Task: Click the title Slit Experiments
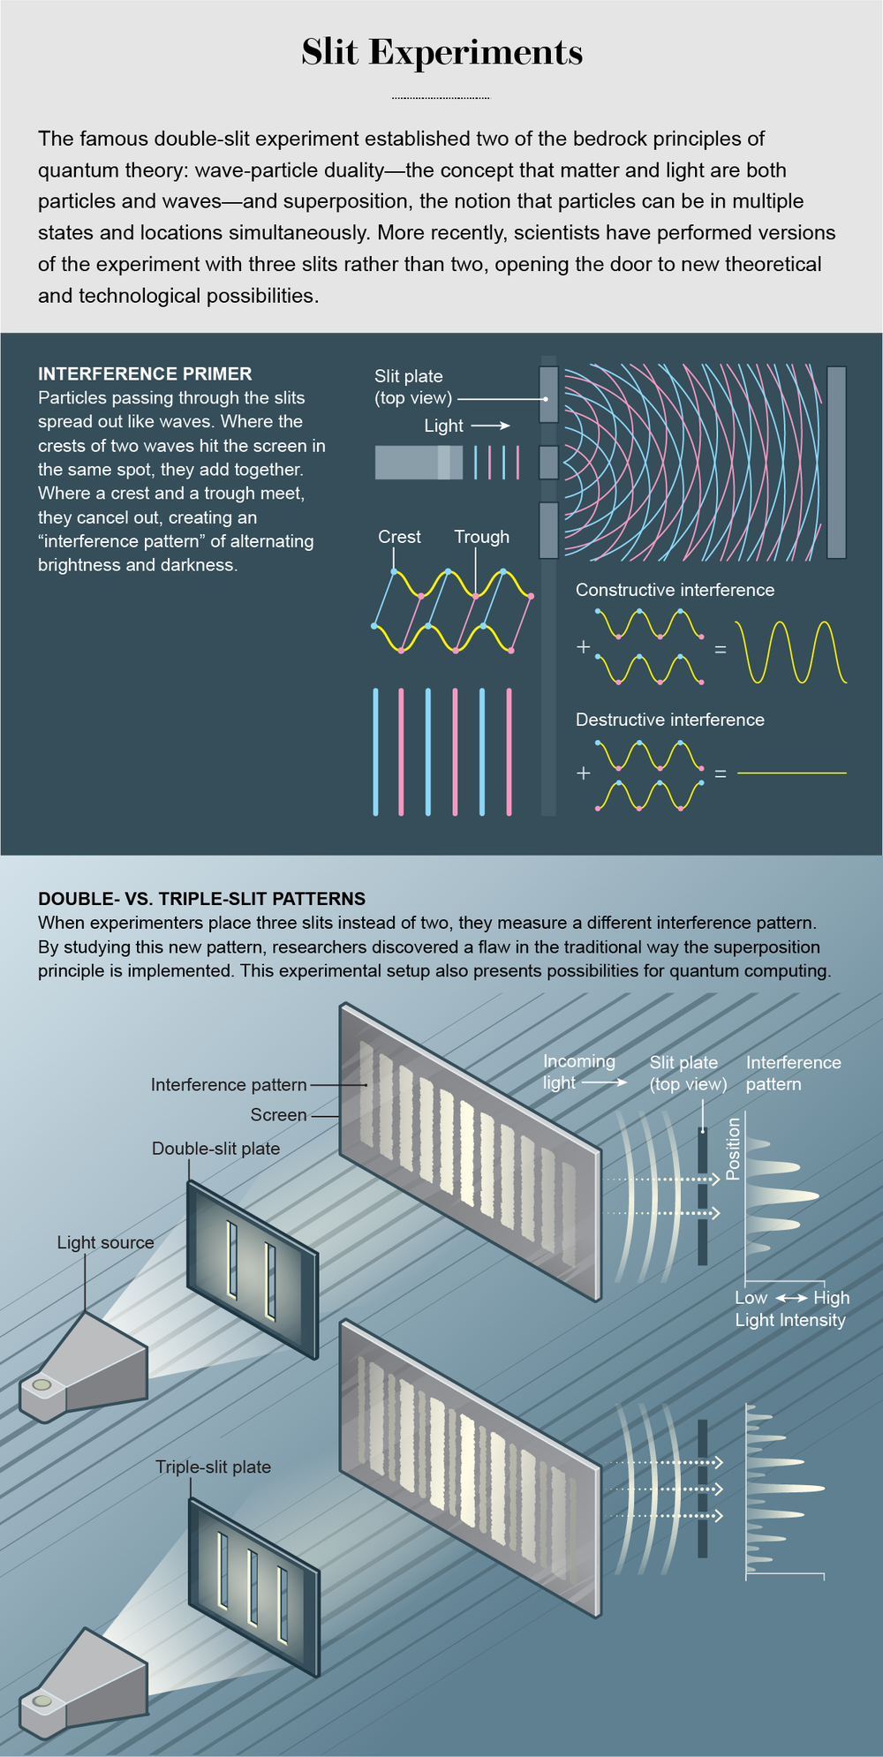441,53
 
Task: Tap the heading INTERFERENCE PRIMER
145,373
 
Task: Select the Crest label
399,537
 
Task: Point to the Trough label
481,537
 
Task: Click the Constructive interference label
675,590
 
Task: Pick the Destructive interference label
669,720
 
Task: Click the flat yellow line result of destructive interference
791,773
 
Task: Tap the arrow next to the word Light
491,426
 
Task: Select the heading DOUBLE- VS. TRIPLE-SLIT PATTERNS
201,899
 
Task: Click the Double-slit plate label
215,1149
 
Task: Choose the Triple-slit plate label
213,1467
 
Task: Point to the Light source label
105,1242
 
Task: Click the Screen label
278,1115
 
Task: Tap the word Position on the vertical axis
733,1149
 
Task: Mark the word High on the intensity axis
831,1298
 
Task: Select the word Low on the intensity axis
751,1298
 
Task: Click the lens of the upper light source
42,1384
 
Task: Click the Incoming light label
578,1072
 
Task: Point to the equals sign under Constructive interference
721,650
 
